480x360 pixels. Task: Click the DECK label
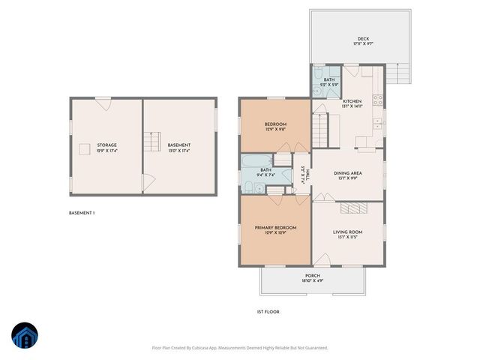coord(363,40)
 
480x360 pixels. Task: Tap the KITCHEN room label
coord(352,101)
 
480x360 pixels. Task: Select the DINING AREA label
coord(347,173)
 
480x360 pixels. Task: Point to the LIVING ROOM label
coord(347,232)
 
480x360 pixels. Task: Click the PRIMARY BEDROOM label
coord(275,227)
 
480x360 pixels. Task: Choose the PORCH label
coord(312,275)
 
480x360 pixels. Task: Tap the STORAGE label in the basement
coord(106,145)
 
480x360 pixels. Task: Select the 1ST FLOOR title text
coord(268,311)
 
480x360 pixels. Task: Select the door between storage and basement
coord(148,181)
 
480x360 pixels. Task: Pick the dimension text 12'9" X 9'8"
coord(275,130)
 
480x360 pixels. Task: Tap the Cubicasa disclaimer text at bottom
coord(239,347)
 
